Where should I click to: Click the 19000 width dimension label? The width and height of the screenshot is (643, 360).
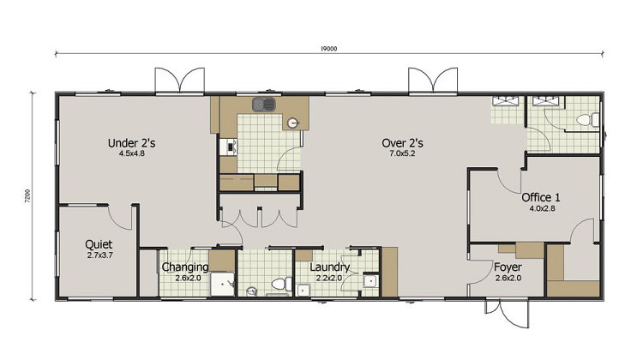328,49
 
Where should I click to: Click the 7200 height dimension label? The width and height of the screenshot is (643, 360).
27,196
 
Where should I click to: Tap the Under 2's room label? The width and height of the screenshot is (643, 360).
132,143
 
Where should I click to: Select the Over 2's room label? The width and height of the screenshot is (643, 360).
402,143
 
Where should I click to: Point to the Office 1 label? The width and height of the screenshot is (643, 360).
541,197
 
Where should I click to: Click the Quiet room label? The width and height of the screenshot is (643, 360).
99,244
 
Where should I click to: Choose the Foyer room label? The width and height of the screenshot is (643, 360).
508,267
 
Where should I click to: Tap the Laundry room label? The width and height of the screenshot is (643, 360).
330,267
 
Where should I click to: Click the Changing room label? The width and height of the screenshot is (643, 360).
185,267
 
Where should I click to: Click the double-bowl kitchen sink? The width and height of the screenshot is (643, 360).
264,105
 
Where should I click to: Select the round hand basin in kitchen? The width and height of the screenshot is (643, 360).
292,123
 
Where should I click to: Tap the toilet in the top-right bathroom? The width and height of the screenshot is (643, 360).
587,120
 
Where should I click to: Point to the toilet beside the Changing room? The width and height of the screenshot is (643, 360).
281,284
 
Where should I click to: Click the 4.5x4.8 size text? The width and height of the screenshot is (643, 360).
132,154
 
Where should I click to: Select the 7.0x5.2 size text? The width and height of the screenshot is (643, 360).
402,154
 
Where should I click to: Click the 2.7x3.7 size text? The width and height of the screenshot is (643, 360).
99,255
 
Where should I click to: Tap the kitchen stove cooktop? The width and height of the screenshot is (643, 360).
228,147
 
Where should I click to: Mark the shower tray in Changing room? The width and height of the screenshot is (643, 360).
223,284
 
